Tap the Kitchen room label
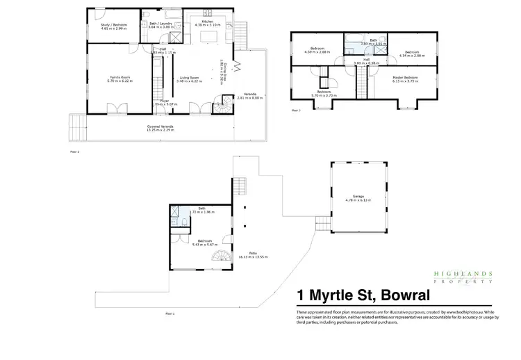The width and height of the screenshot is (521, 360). coord(206,22)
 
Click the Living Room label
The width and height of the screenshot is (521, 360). coord(190,77)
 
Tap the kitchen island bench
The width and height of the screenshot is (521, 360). coord(206,54)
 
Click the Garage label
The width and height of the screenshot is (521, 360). coord(358,197)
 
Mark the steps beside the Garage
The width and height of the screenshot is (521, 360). coord(324,224)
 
